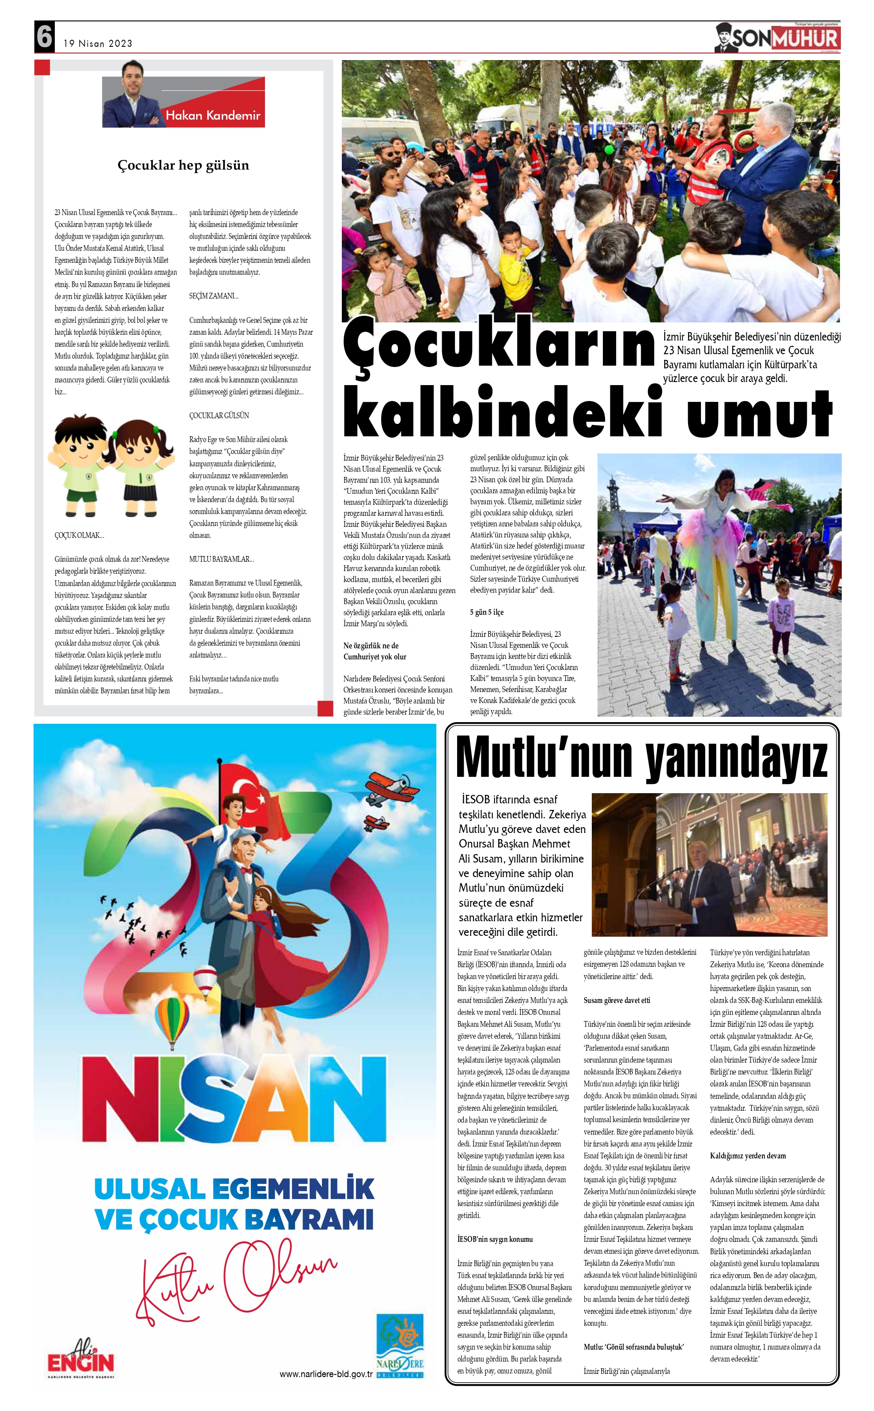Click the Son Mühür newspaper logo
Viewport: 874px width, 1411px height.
tap(777, 38)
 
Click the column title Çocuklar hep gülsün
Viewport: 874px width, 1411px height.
tap(183, 165)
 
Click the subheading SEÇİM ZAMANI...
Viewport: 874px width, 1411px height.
tap(213, 296)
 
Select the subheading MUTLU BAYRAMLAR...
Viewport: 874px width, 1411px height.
tap(221, 559)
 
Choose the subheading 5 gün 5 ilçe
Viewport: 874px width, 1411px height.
tap(486, 612)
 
